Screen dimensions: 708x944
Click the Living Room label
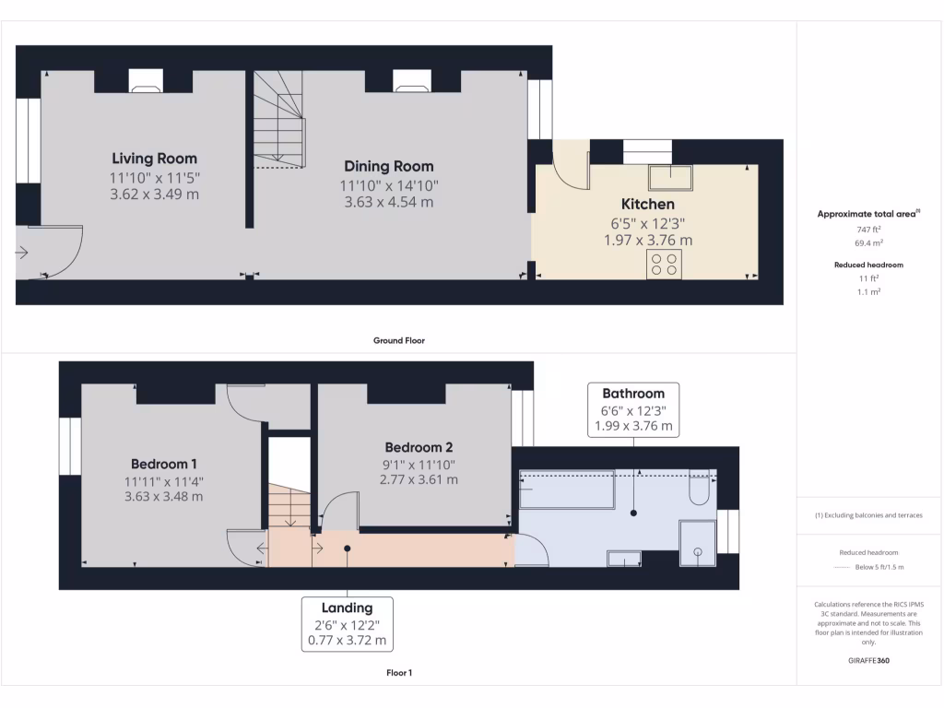[154, 159]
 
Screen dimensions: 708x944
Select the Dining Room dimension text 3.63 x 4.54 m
[388, 202]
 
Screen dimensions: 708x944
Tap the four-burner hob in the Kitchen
[665, 265]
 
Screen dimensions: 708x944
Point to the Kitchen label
[647, 204]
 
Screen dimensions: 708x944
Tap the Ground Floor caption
[398, 340]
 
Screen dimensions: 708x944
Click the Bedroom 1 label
[163, 464]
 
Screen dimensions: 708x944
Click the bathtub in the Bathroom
[566, 490]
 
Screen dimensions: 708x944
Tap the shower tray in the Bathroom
[697, 543]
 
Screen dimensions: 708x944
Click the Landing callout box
[347, 623]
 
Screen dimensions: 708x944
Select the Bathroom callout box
[633, 409]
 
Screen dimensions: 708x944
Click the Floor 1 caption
[398, 673]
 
